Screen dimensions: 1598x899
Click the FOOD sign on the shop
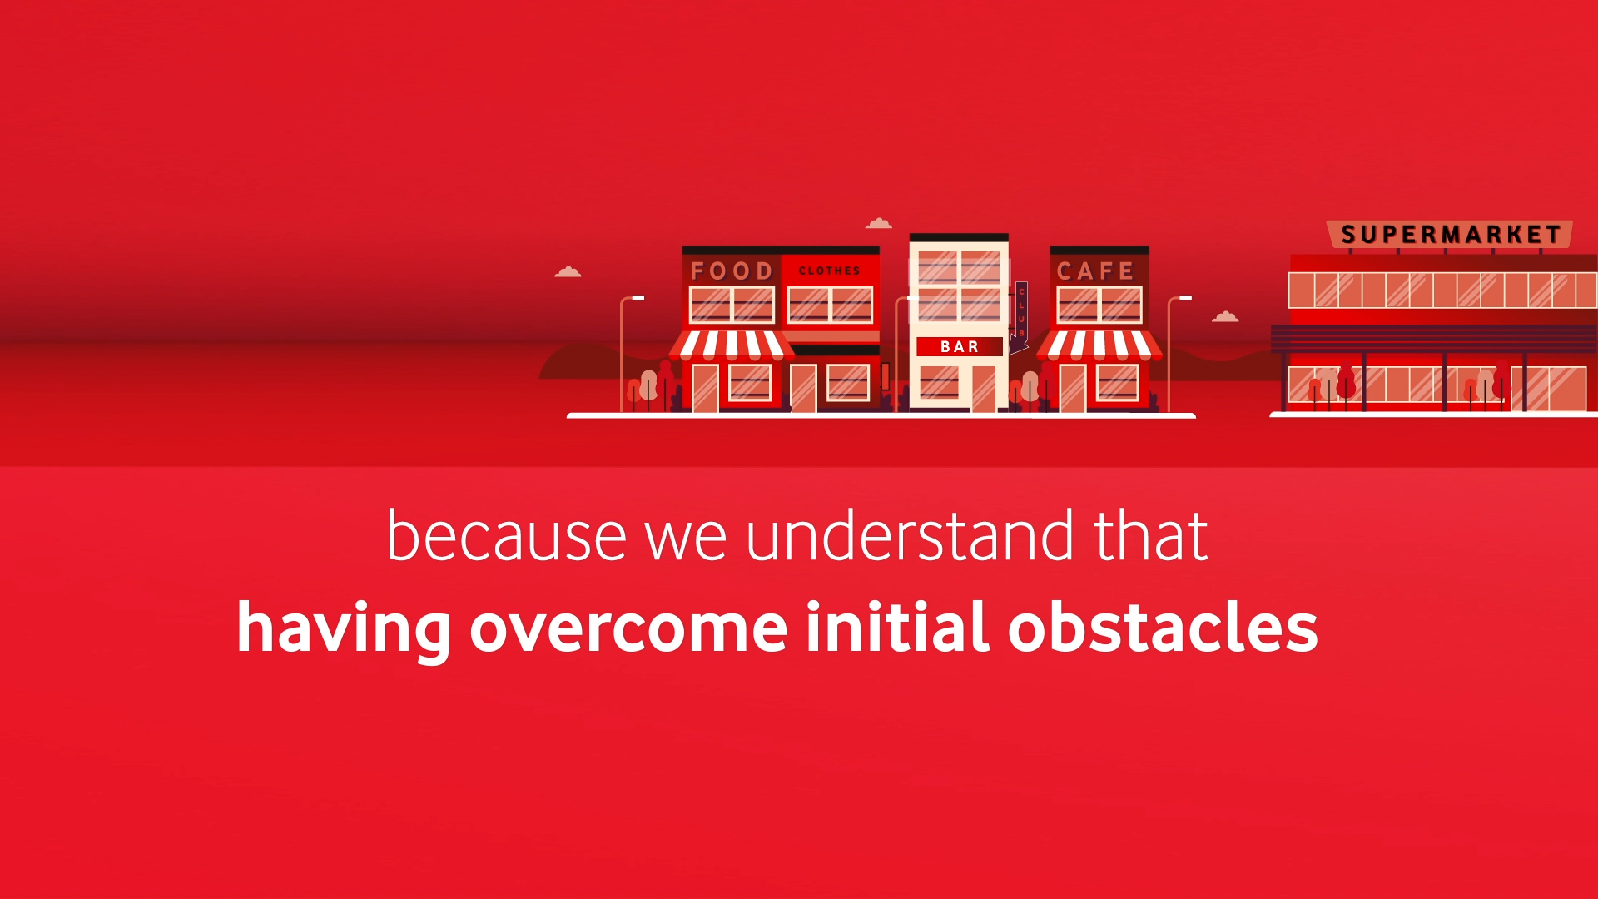pos(732,271)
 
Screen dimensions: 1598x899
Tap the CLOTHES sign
pos(829,271)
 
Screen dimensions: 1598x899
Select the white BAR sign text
pos(959,346)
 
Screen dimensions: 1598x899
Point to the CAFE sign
pos(1095,271)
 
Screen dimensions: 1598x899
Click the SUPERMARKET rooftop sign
pos(1451,235)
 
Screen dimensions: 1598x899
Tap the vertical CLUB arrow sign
pos(1021,314)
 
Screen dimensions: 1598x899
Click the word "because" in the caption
pos(506,536)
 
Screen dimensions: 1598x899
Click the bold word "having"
pos(344,628)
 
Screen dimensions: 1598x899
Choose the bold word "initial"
pos(897,626)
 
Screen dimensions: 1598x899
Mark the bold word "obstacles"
pos(1163,626)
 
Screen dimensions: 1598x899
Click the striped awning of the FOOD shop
pos(732,345)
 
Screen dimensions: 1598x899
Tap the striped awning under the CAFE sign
pos(1099,345)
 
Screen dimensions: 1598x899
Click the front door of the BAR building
pos(984,388)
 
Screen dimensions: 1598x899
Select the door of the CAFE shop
pos(1072,388)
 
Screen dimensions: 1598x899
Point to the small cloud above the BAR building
pos(879,223)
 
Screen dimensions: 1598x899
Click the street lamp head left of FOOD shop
pos(638,297)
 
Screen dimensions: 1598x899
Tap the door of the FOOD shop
pos(705,388)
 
